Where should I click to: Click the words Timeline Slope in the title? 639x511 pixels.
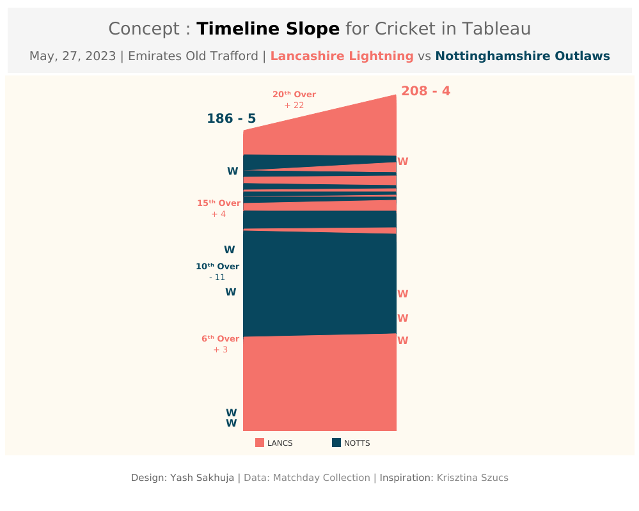pyautogui.click(x=267, y=29)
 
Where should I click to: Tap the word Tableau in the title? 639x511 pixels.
pyautogui.click(x=496, y=29)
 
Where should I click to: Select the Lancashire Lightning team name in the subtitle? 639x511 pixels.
pyautogui.click(x=342, y=56)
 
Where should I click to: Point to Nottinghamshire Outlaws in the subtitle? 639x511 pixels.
pyautogui.click(x=522, y=56)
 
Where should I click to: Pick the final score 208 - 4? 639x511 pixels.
pyautogui.click(x=425, y=91)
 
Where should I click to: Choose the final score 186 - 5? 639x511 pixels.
pyautogui.click(x=231, y=119)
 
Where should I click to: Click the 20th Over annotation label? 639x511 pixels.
pyautogui.click(x=294, y=95)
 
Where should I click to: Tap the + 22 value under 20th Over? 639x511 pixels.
pyautogui.click(x=294, y=106)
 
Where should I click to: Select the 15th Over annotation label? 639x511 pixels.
pyautogui.click(x=218, y=203)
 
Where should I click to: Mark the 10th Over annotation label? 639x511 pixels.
pyautogui.click(x=217, y=267)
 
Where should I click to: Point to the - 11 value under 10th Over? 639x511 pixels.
pyautogui.click(x=217, y=278)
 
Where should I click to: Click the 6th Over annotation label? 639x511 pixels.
pyautogui.click(x=220, y=339)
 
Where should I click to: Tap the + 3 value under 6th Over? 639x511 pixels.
pyautogui.click(x=220, y=350)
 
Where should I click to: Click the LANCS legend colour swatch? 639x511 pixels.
pyautogui.click(x=260, y=443)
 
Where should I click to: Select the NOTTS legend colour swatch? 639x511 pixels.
pyautogui.click(x=336, y=443)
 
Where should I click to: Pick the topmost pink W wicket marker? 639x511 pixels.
pyautogui.click(x=402, y=162)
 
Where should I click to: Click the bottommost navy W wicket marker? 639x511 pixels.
pyautogui.click(x=231, y=423)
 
